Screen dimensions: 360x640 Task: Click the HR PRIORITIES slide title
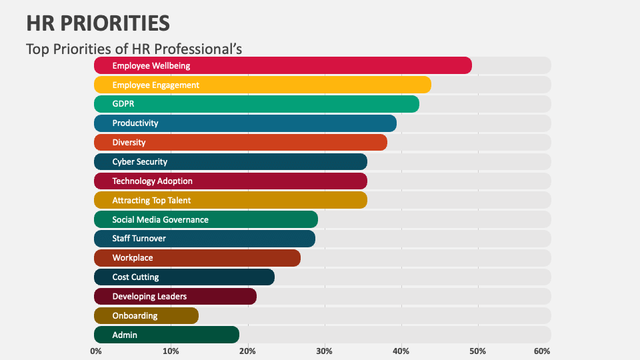(x=98, y=23)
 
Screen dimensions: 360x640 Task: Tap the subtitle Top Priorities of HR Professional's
(x=133, y=49)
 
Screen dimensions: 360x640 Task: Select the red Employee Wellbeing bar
(x=283, y=65)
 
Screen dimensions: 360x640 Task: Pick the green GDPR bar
(x=256, y=104)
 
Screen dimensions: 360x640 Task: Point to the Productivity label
(x=135, y=123)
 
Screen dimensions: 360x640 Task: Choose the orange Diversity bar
(x=240, y=143)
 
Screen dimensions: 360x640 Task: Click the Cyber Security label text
(x=140, y=162)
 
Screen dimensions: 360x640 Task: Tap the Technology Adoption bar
(x=230, y=181)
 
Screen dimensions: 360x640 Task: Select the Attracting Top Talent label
(x=151, y=201)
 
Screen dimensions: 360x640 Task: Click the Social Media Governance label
(x=160, y=220)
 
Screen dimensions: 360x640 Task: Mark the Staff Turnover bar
(x=204, y=239)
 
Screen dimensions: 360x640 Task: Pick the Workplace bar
(x=197, y=258)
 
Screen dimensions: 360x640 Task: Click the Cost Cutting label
(x=135, y=277)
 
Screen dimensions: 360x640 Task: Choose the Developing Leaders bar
(x=175, y=297)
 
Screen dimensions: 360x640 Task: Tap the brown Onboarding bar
(x=146, y=316)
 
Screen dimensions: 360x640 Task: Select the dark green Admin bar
(x=166, y=335)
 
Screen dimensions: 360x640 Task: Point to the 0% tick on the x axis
(x=96, y=351)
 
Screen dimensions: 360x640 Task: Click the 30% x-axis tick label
(x=325, y=351)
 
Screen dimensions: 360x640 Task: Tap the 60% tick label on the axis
(x=542, y=351)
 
